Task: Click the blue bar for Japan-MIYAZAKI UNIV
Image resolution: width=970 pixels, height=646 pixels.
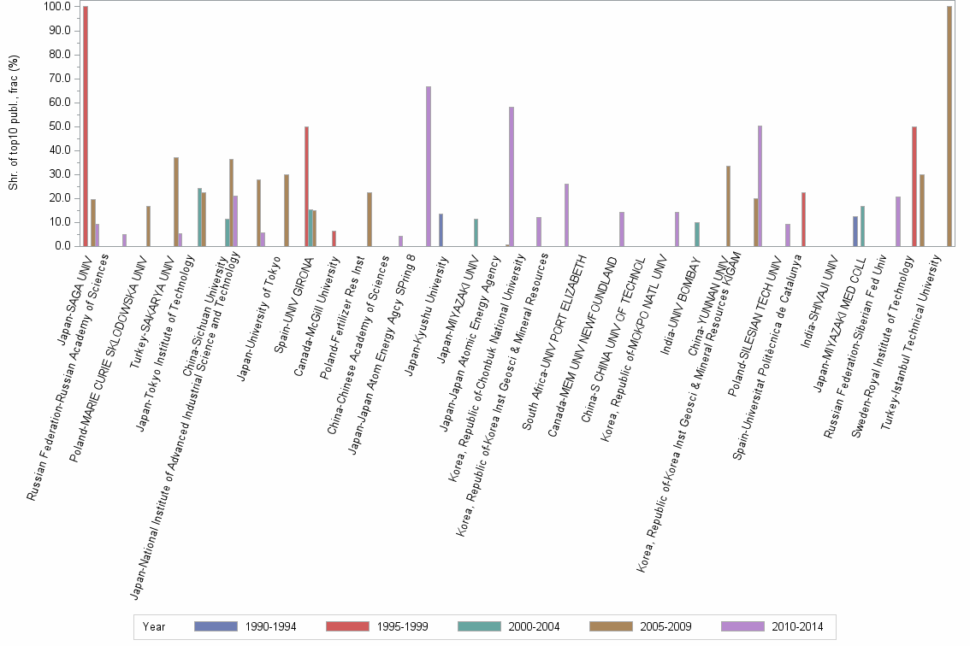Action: [441, 230]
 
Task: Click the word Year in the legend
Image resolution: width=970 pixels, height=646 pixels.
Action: [154, 626]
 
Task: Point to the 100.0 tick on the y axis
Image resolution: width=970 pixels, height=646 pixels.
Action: [58, 7]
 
